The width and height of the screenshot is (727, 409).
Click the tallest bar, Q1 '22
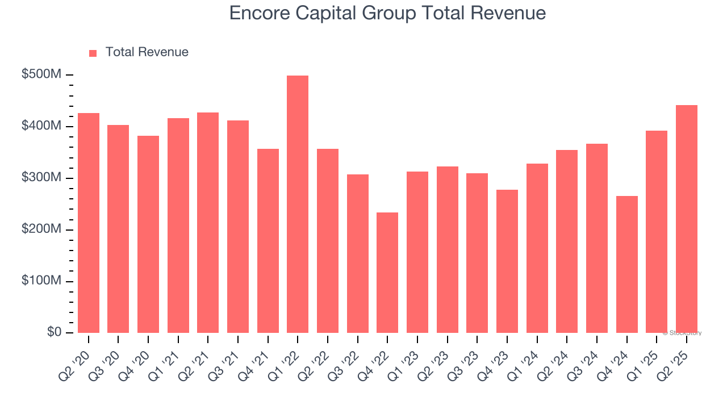(298, 204)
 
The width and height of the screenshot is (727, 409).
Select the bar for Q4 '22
(387, 273)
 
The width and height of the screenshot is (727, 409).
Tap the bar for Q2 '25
(687, 219)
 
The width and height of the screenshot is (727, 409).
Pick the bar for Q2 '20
(89, 223)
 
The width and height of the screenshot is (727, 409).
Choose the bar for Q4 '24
(626, 264)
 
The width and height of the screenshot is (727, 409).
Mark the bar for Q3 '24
(597, 239)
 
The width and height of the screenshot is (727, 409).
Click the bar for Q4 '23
(507, 261)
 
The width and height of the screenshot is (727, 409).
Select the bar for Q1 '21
(178, 226)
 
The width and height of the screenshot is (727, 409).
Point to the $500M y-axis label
(41, 74)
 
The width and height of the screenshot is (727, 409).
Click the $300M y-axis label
(41, 178)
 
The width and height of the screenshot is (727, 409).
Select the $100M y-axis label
(41, 281)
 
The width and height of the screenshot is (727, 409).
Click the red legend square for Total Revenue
(93, 53)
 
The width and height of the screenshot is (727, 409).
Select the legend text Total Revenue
(147, 52)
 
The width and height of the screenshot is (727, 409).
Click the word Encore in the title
(258, 13)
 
